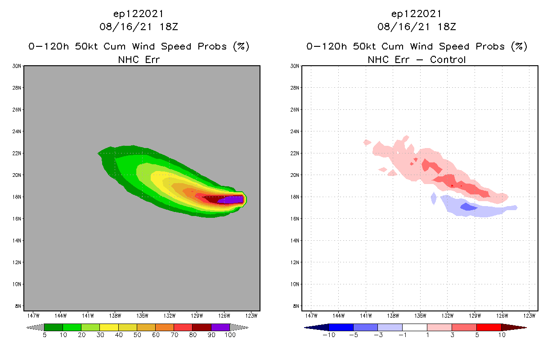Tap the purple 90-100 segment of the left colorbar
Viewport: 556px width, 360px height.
[220, 327]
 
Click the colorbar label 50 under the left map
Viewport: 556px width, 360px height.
[137, 335]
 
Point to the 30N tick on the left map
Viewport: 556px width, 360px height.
[17, 66]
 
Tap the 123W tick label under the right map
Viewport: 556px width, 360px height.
[529, 315]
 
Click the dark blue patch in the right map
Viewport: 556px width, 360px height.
[469, 207]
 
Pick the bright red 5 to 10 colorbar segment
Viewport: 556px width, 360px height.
[489, 327]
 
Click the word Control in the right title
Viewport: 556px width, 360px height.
[448, 59]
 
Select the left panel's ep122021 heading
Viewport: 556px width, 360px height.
[139, 13]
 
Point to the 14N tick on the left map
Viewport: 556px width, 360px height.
[17, 241]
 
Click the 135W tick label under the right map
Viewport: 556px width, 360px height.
[420, 315]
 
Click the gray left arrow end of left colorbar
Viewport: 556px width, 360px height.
[35, 327]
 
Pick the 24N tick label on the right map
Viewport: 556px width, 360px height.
[295, 132]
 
